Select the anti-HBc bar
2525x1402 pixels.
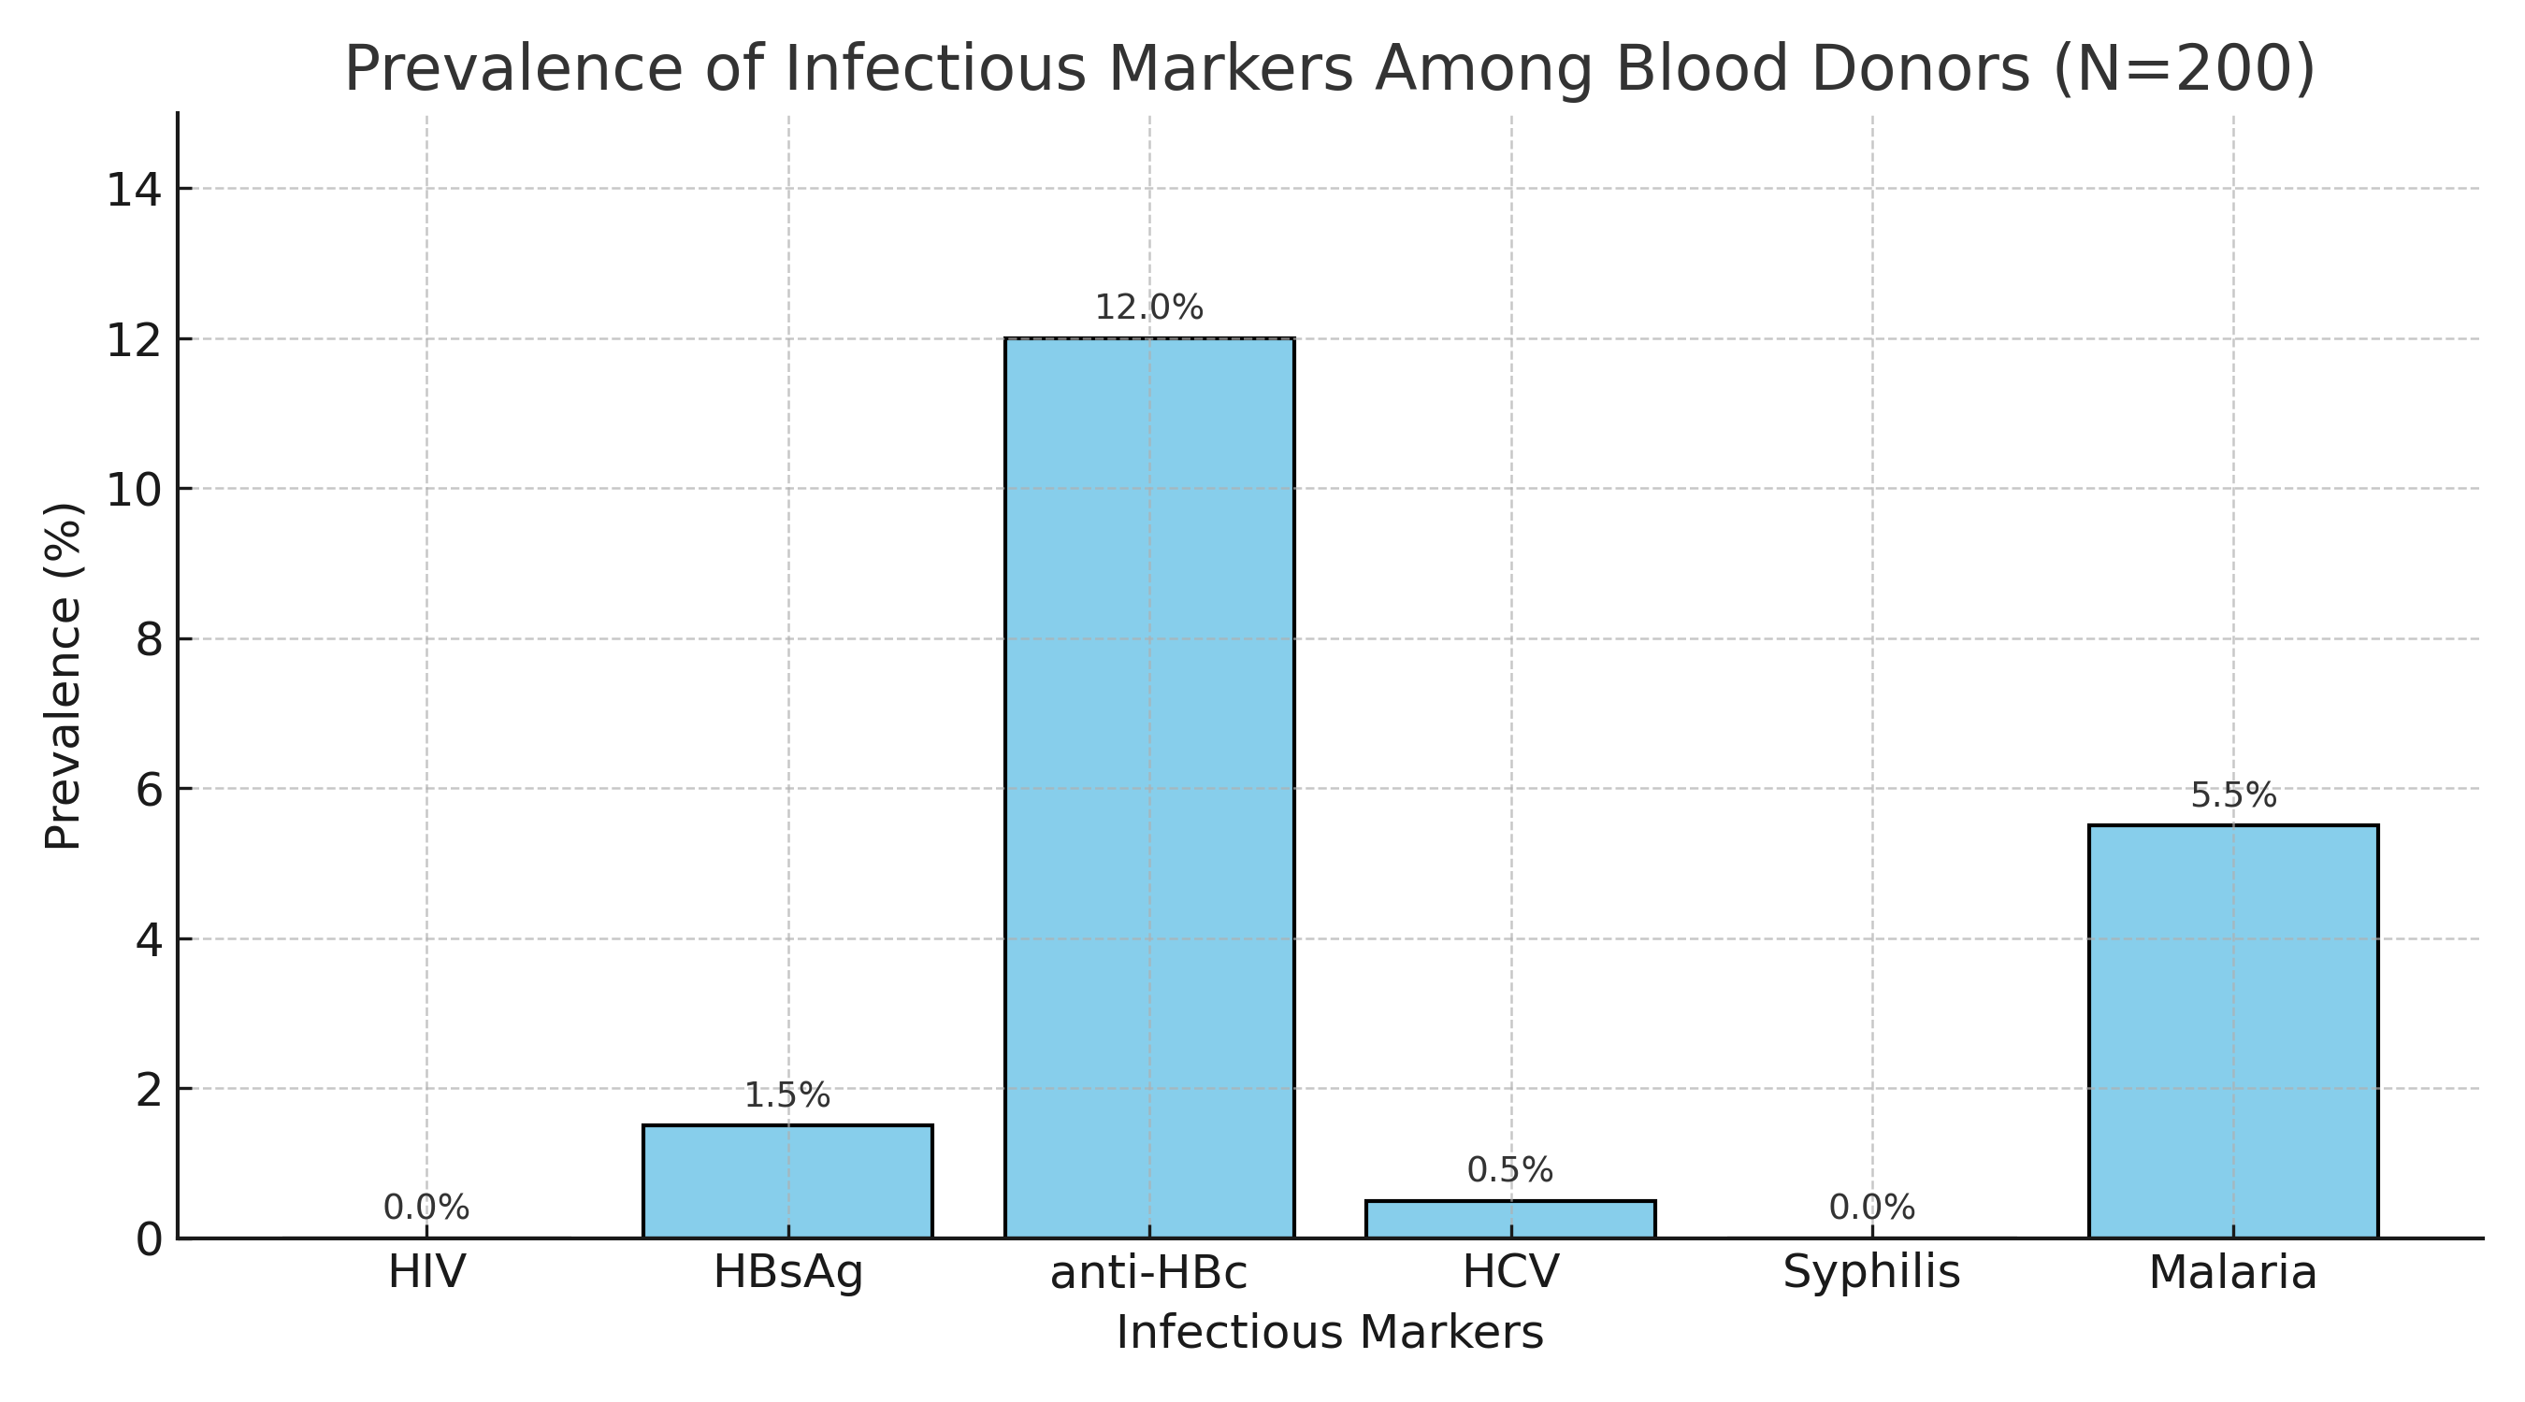1148,788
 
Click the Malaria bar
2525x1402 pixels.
2233,1031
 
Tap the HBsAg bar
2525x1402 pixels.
787,1180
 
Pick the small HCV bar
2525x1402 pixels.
1510,1219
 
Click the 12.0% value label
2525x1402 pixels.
1148,308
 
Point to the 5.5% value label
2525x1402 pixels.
2233,795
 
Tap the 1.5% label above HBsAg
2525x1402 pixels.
787,1095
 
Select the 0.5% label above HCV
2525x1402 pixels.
1510,1170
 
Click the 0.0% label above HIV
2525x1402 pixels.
426,1208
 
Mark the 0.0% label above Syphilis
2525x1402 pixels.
1872,1208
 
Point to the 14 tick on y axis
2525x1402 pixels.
135,189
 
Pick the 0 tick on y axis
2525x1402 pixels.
149,1239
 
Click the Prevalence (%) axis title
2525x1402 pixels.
63,676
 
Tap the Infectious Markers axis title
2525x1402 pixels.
1330,1334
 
